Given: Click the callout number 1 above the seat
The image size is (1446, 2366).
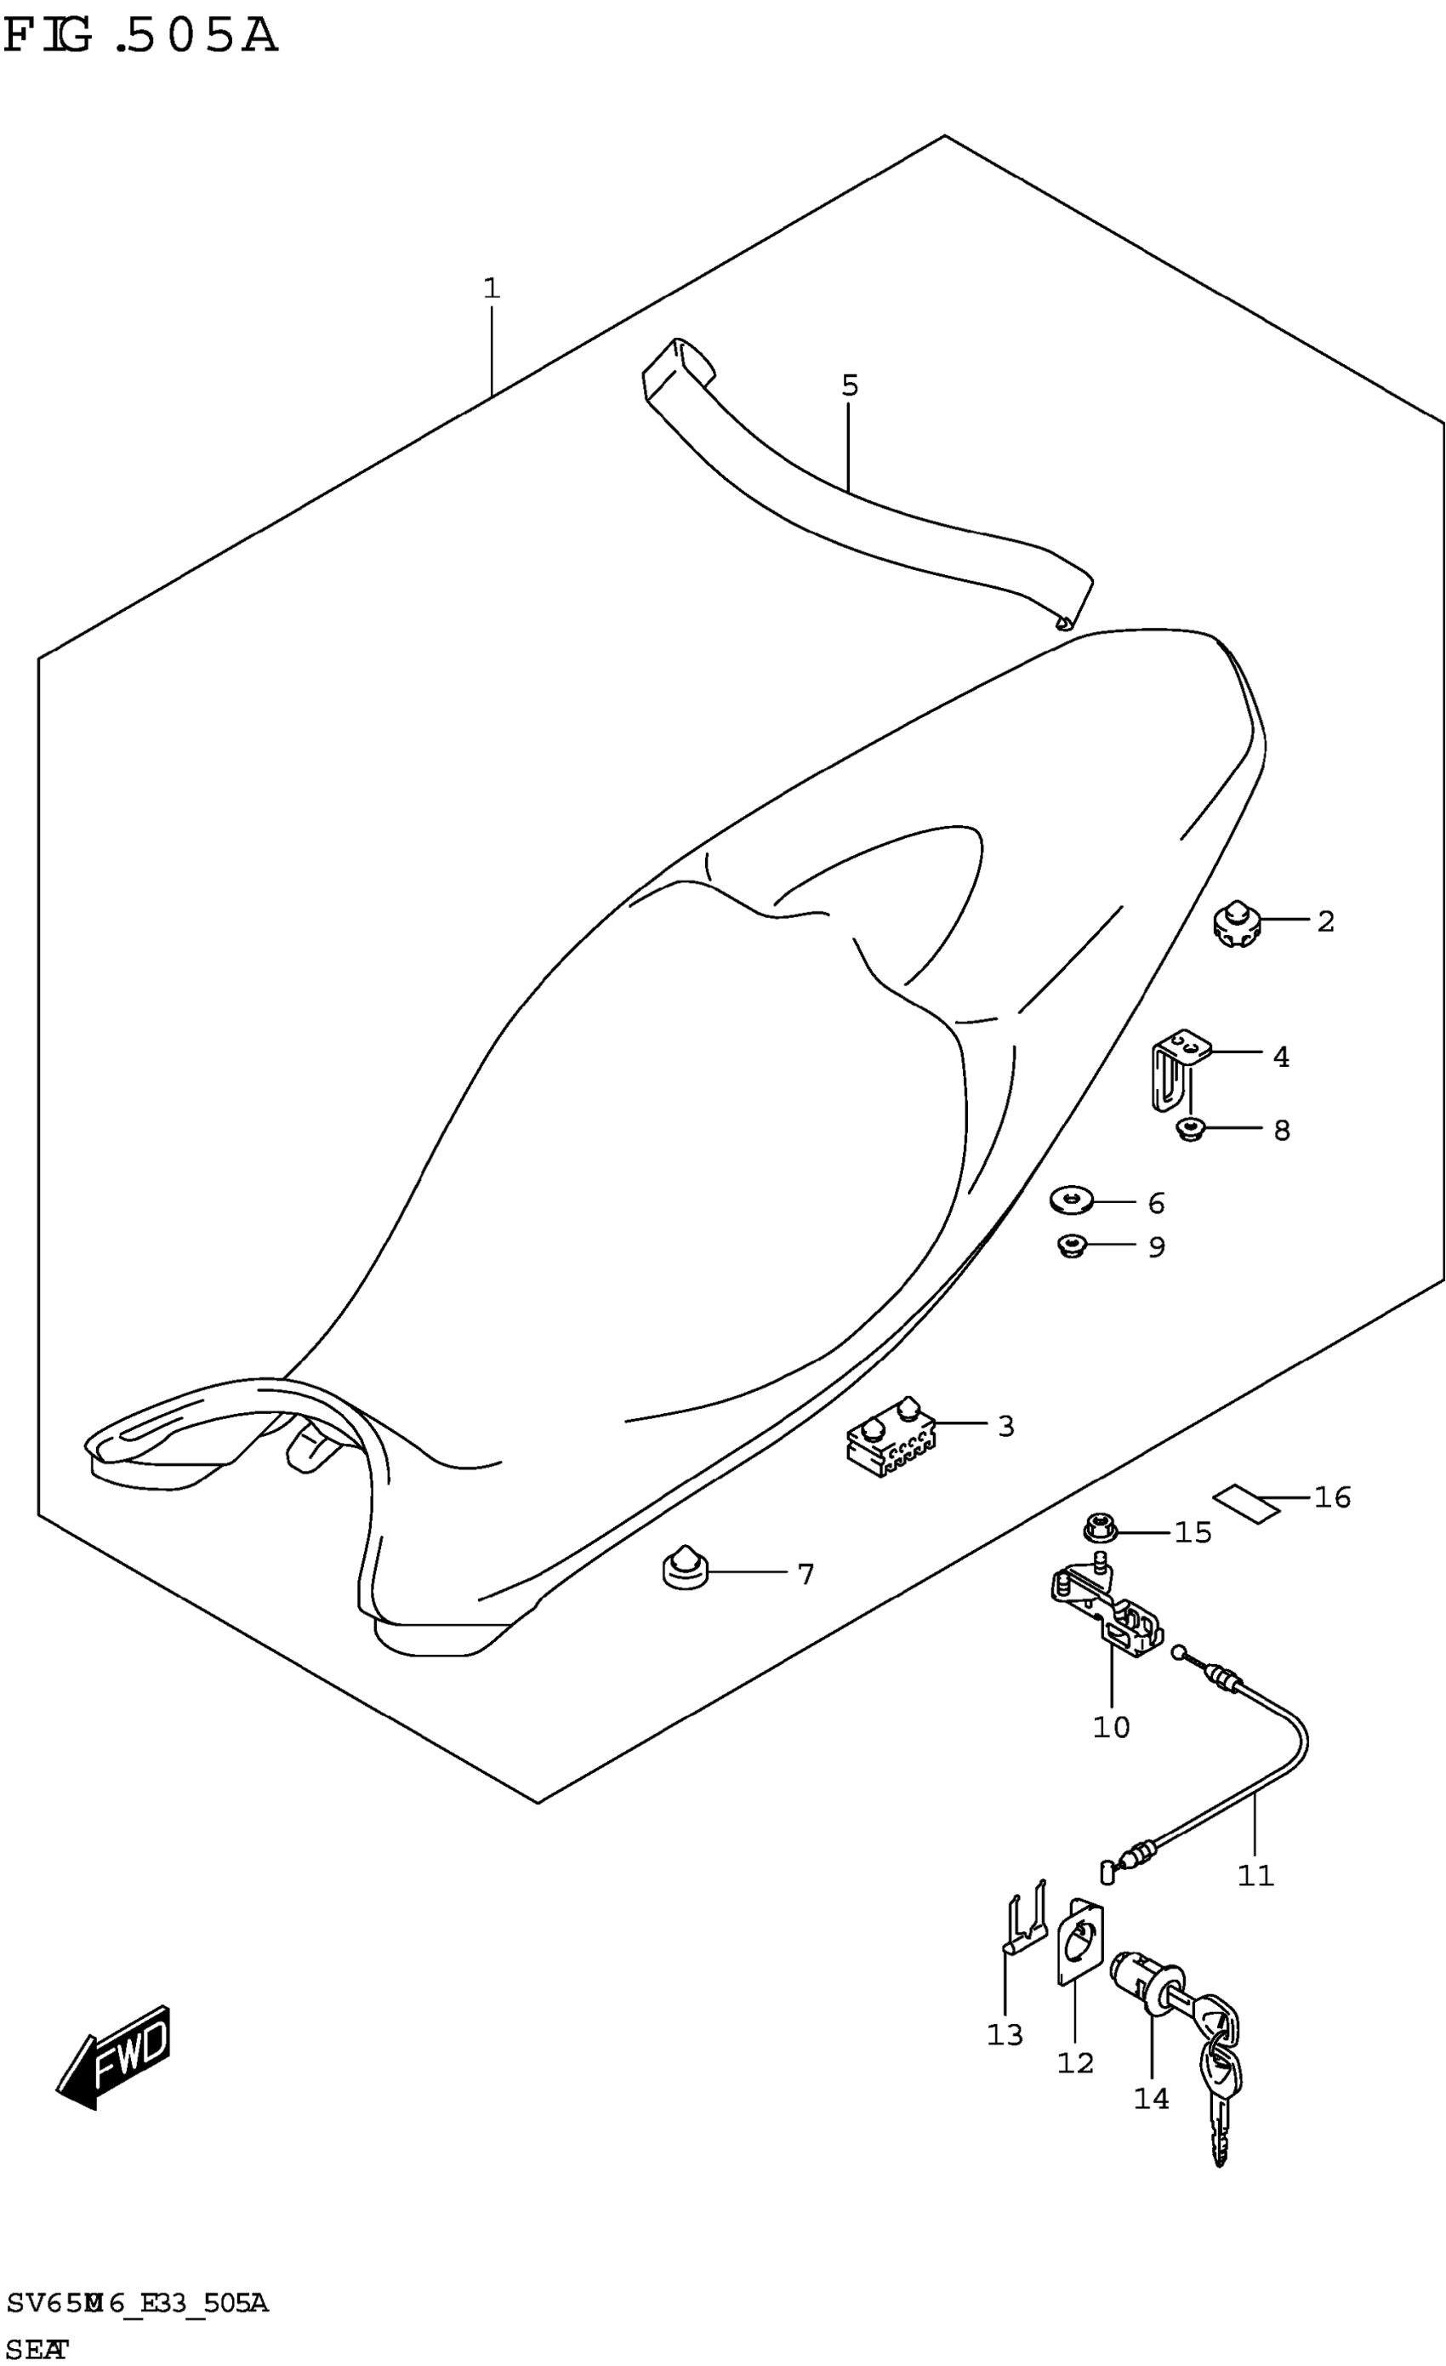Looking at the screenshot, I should coord(492,288).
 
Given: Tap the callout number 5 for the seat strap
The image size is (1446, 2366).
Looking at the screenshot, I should coord(849,386).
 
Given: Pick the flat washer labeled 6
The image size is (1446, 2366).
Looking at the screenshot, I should coord(1072,1200).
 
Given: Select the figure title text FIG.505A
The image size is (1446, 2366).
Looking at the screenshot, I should coord(140,37).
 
